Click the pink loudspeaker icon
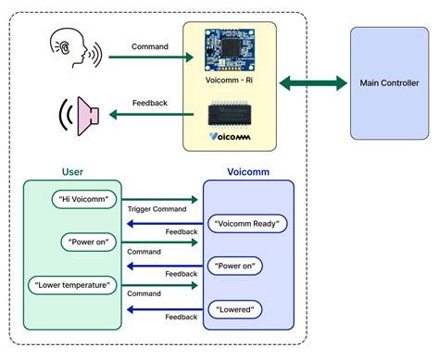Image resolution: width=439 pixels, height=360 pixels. point(80,116)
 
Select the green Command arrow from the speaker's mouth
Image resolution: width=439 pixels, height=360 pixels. point(148,57)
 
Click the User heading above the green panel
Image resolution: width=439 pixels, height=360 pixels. point(72,172)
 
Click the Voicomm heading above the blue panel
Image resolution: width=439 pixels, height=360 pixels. point(248,172)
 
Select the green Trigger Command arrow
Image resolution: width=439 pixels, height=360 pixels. point(161,199)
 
